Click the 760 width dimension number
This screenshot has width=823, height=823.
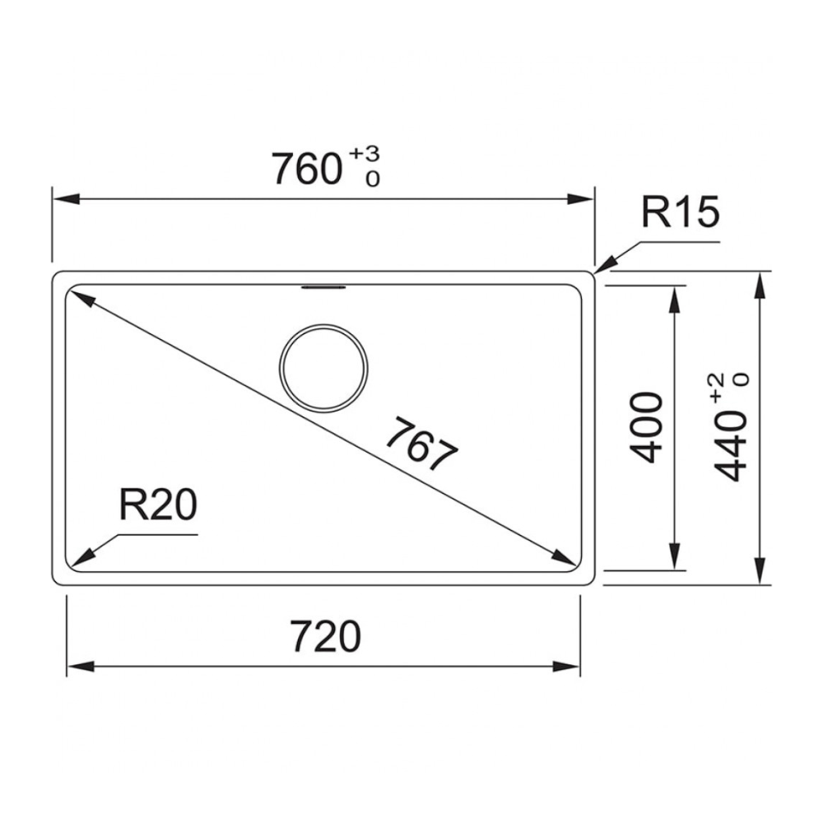pos(307,169)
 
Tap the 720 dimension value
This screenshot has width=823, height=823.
pos(326,636)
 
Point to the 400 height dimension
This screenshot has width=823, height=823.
pos(645,427)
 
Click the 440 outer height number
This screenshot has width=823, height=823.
pos(731,447)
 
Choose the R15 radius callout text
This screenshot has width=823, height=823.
pos(681,212)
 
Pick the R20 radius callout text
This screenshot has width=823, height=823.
pos(158,504)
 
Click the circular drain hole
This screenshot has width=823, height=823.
pos(323,367)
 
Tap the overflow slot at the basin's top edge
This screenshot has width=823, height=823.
pos(323,287)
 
